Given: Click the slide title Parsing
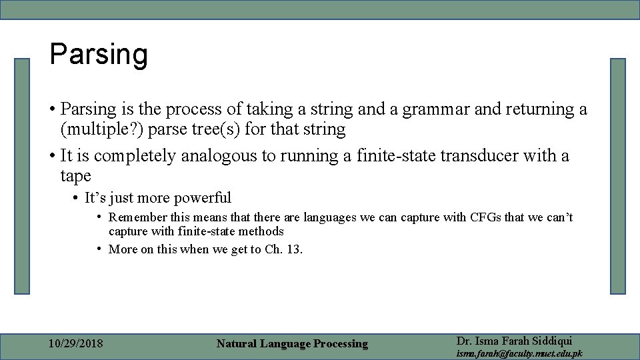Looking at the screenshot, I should [99, 55].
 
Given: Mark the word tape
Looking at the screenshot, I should [75, 176].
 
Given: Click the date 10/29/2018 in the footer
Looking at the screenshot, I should [77, 343].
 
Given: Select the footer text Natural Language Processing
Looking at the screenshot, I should [292, 344].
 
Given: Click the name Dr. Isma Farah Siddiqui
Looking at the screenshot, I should [514, 340].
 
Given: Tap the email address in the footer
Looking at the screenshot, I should [519, 353].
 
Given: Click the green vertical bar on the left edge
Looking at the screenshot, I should [23, 176].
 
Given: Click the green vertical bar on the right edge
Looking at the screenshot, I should [618, 176].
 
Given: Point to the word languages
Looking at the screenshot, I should [331, 217].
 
